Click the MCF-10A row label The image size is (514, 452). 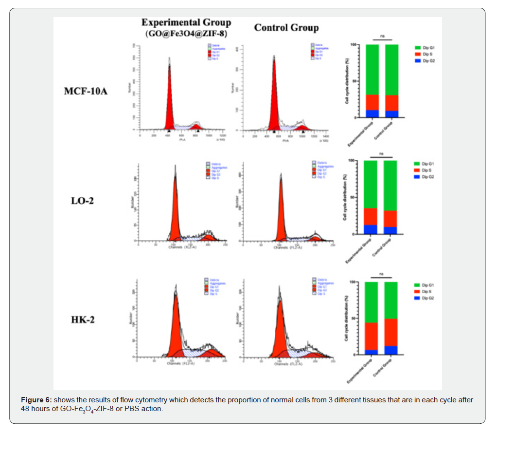pos(86,91)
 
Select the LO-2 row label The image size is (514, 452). pos(82,200)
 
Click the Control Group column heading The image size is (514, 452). pos(286,28)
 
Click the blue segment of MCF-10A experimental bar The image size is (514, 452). pos(372,114)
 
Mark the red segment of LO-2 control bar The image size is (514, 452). pos(390,219)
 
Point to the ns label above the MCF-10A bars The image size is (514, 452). pos(382,37)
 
